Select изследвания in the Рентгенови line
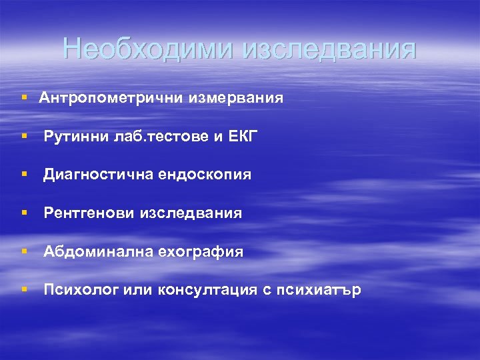(x=191, y=213)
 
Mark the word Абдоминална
(x=96, y=252)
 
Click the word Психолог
(x=80, y=291)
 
